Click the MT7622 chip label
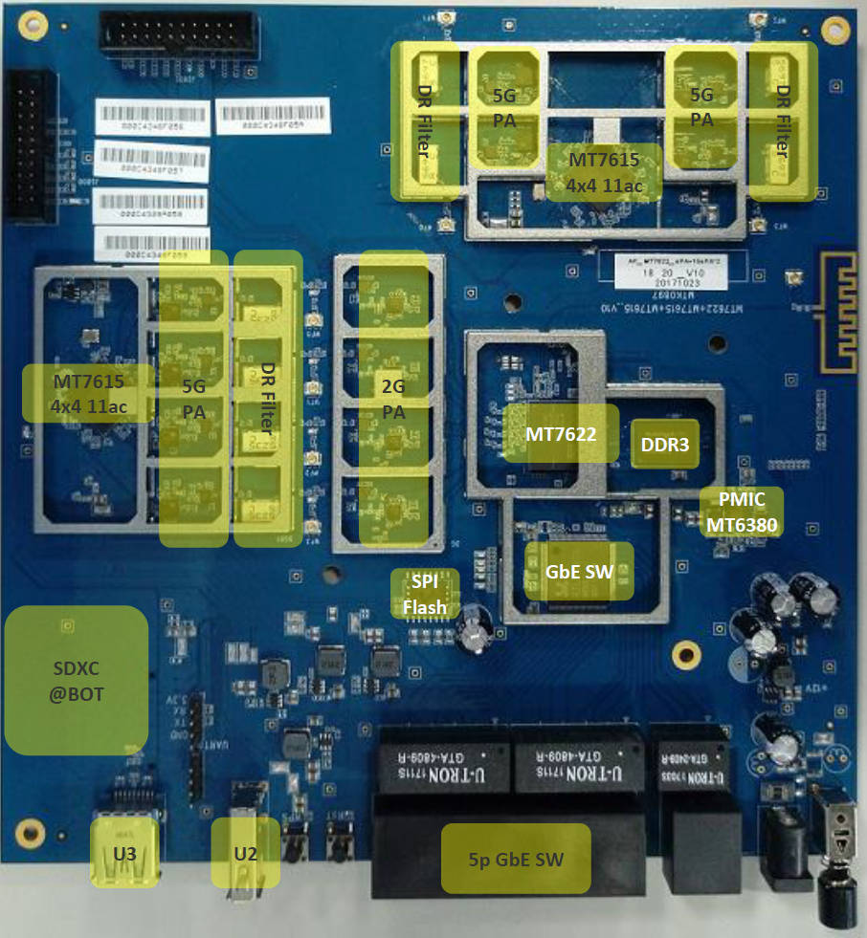pyautogui.click(x=561, y=433)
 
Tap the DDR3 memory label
pyautogui.click(x=665, y=443)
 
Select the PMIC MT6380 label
pyautogui.click(x=743, y=512)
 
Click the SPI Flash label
pyautogui.click(x=424, y=594)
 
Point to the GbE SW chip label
pyautogui.click(x=579, y=571)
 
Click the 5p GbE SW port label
pyautogui.click(x=516, y=859)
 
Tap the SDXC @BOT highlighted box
pyautogui.click(x=77, y=679)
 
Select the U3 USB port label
pyautogui.click(x=124, y=851)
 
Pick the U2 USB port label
pyautogui.click(x=246, y=852)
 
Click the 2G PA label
pyautogui.click(x=393, y=399)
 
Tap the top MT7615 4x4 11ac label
pyautogui.click(x=605, y=171)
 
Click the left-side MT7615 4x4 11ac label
pyautogui.click(x=88, y=393)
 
